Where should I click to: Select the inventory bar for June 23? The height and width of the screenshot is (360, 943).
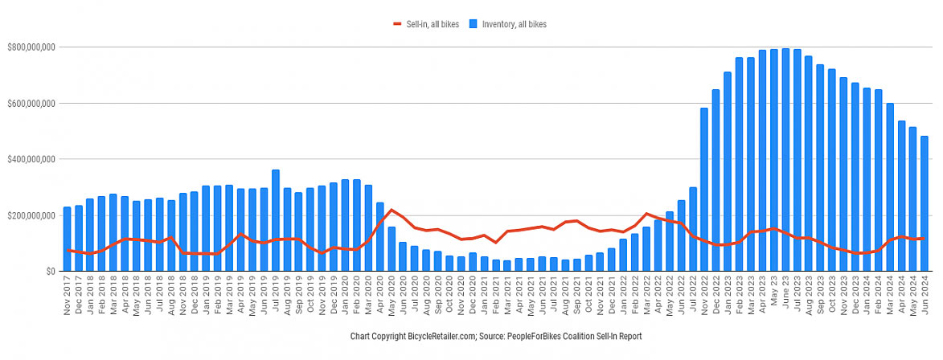(785, 160)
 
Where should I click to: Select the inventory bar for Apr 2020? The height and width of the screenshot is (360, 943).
(380, 236)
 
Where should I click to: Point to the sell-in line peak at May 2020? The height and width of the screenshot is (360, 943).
(392, 210)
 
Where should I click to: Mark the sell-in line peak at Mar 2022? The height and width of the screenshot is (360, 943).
(646, 214)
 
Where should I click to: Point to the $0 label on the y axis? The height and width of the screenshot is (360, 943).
(50, 272)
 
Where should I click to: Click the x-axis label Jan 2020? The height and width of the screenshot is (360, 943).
(346, 298)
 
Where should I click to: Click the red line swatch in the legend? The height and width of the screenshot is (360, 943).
(397, 25)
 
